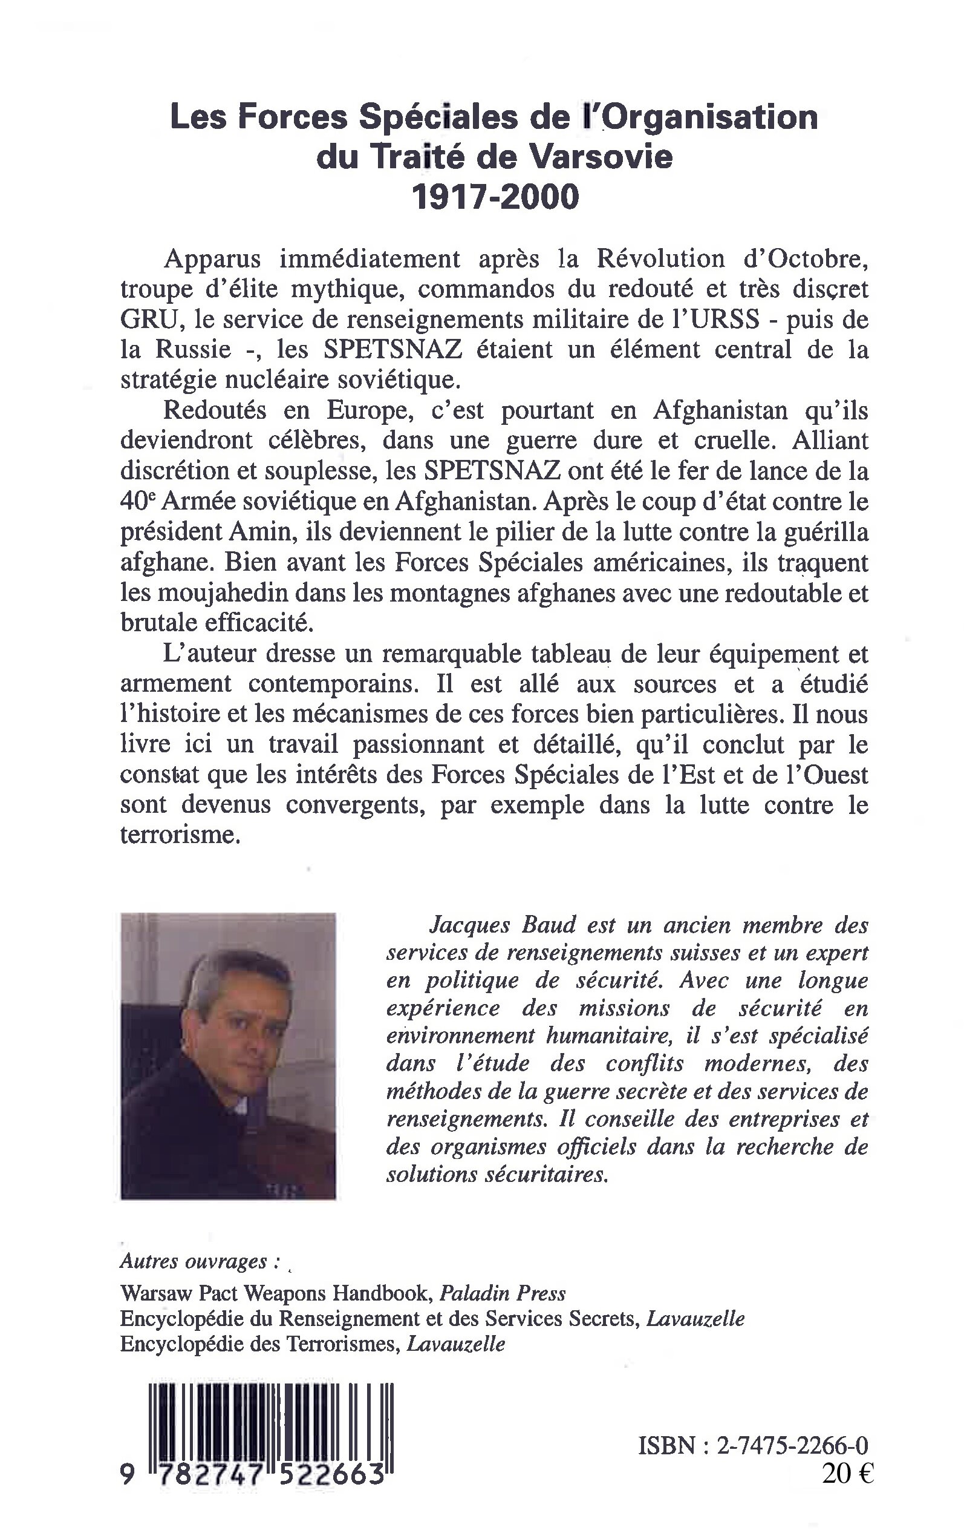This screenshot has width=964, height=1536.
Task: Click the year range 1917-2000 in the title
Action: pyautogui.click(x=495, y=198)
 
